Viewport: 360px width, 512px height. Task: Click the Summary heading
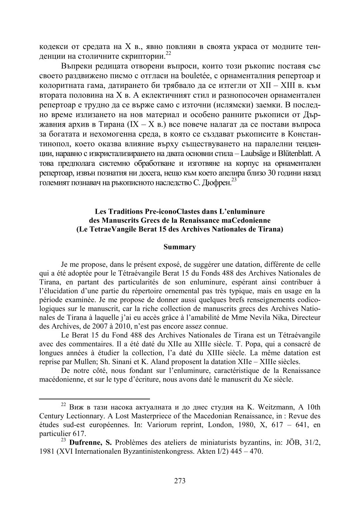[x=180, y=247]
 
